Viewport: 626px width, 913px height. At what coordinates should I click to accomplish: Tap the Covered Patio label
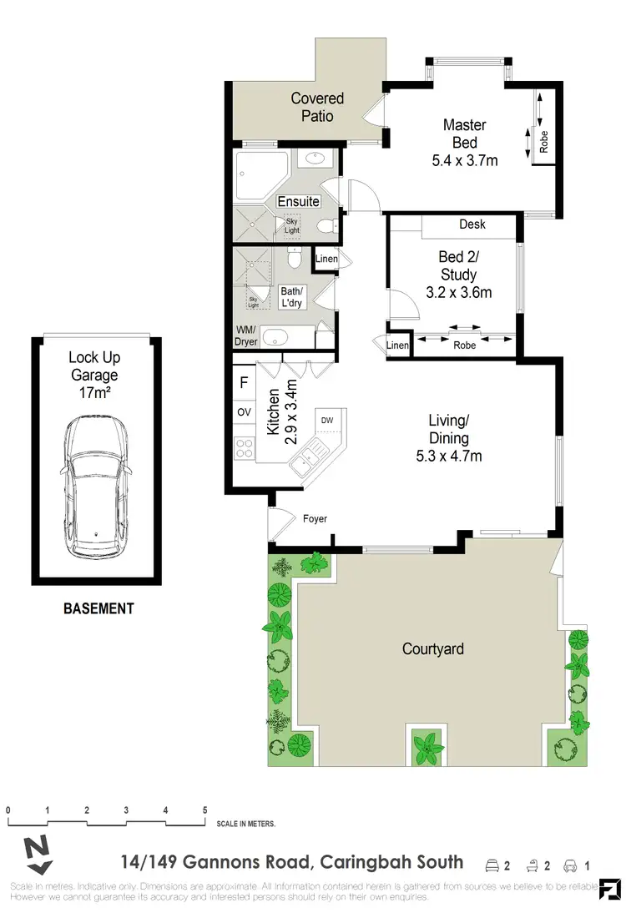pos(317,108)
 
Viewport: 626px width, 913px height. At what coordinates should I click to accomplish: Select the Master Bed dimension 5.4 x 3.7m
pos(465,160)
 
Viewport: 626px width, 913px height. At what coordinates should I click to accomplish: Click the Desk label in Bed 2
pos(472,224)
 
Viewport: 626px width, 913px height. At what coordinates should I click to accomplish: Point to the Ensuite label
pos(298,201)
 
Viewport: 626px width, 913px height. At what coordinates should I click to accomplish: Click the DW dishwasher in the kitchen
pos(327,420)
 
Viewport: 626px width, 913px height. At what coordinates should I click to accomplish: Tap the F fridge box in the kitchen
pos(244,384)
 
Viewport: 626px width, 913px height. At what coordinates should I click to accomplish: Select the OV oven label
pos(245,412)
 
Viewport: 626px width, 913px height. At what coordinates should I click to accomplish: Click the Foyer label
pos(315,518)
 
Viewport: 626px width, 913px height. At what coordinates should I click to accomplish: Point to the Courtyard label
pos(432,648)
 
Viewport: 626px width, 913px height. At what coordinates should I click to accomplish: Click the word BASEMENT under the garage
pos(98,608)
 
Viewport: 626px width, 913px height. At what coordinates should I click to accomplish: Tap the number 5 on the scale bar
pos(204,810)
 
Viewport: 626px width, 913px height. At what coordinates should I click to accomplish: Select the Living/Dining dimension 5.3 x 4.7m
pos(449,456)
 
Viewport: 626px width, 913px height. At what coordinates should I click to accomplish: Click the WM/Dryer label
pos(246,335)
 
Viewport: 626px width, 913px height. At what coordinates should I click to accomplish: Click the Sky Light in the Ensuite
pos(291,225)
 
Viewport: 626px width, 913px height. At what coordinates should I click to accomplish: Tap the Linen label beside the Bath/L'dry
pos(326,260)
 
